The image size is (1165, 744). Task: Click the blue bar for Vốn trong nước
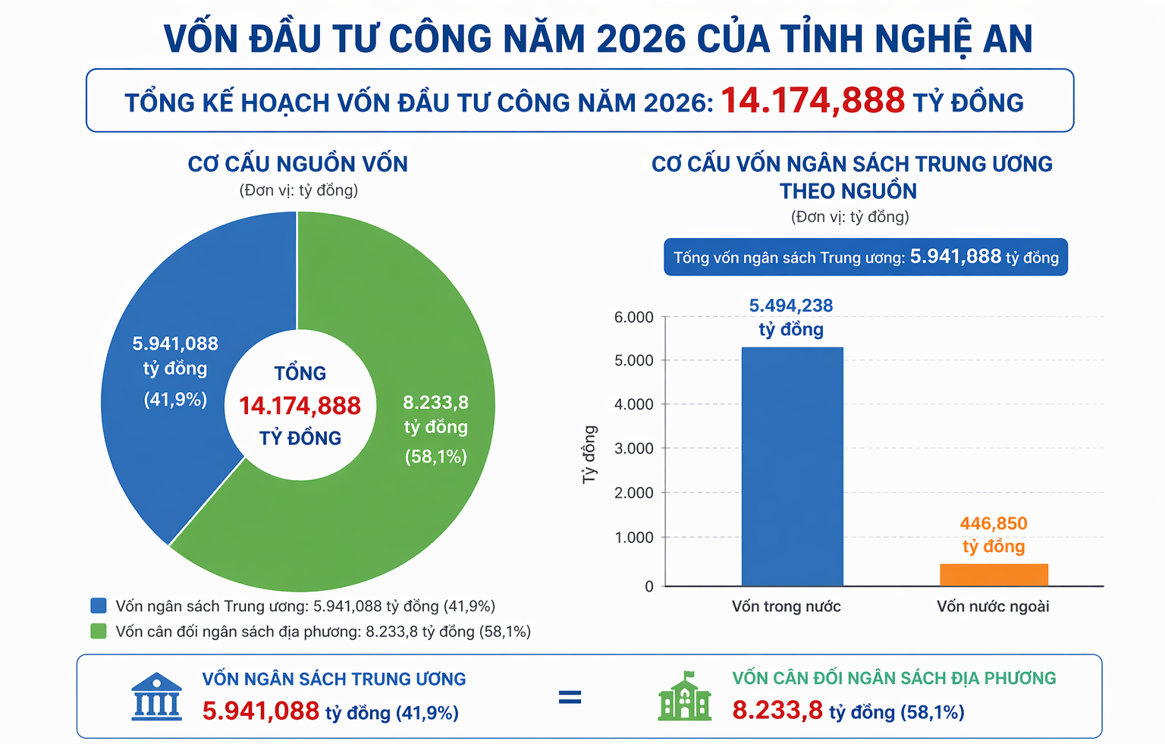[792, 466]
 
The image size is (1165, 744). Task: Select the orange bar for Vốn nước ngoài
[994, 575]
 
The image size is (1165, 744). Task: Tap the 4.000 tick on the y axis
[634, 405]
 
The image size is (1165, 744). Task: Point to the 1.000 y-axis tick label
[634, 538]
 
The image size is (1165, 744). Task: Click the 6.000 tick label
[634, 317]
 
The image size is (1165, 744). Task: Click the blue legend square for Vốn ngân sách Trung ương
[99, 606]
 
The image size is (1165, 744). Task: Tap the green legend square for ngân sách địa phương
[99, 631]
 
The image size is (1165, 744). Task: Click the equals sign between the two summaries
[570, 697]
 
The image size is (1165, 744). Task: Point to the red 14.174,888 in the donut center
[300, 407]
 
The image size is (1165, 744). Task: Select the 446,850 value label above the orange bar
[994, 523]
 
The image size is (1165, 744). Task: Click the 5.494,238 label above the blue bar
[791, 306]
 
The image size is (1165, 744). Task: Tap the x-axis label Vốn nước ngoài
[993, 606]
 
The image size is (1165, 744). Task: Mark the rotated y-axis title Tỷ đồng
[589, 454]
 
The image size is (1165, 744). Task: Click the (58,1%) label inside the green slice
[435, 457]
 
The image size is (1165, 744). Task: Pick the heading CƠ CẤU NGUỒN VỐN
[298, 164]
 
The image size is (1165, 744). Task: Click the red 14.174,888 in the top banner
[812, 101]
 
